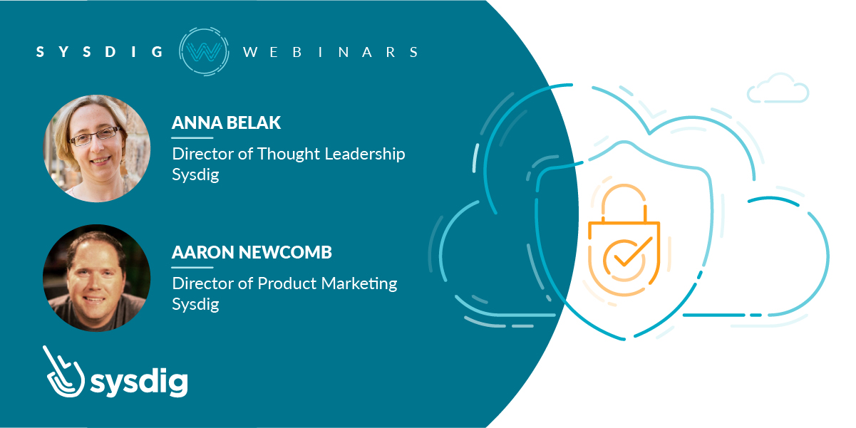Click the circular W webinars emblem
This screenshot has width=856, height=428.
point(204,51)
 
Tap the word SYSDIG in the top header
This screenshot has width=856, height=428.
point(100,52)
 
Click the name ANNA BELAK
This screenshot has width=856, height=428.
point(226,122)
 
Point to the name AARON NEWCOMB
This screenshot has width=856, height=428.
point(252,252)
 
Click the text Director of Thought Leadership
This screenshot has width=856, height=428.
point(289,155)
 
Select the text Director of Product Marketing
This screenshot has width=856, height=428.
point(284,283)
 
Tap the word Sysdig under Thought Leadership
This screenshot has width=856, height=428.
point(196,175)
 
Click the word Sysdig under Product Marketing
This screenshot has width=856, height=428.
point(196,305)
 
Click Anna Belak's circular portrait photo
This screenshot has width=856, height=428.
point(97,149)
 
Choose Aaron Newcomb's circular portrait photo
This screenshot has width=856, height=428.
point(97,278)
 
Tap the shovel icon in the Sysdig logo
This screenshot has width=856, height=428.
point(63,372)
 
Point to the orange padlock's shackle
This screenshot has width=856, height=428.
point(624,202)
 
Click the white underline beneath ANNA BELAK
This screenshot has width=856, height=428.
point(192,137)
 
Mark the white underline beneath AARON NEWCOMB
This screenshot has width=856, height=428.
point(192,267)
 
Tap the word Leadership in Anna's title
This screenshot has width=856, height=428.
point(365,155)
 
